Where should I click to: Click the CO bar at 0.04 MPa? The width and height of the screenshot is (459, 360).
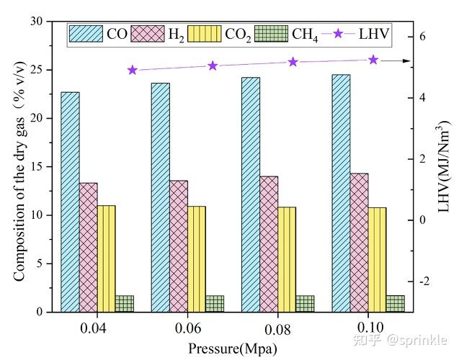(70, 202)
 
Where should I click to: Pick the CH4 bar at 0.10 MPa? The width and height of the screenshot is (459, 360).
(395, 303)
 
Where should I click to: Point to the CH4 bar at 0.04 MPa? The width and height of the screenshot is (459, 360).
(124, 303)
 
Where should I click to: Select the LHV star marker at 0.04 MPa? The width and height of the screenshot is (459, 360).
(133, 70)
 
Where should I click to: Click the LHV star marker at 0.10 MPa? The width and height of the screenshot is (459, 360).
(373, 60)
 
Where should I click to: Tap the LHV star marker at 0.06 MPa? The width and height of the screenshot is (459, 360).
(213, 66)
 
